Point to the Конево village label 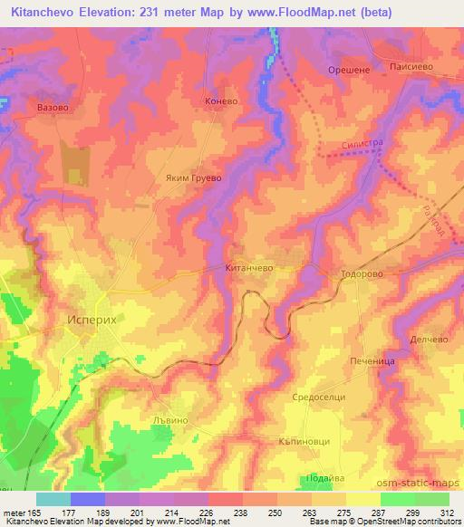[x=221, y=101]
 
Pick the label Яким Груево [x=193, y=178]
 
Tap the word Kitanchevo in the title [x=43, y=14]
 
